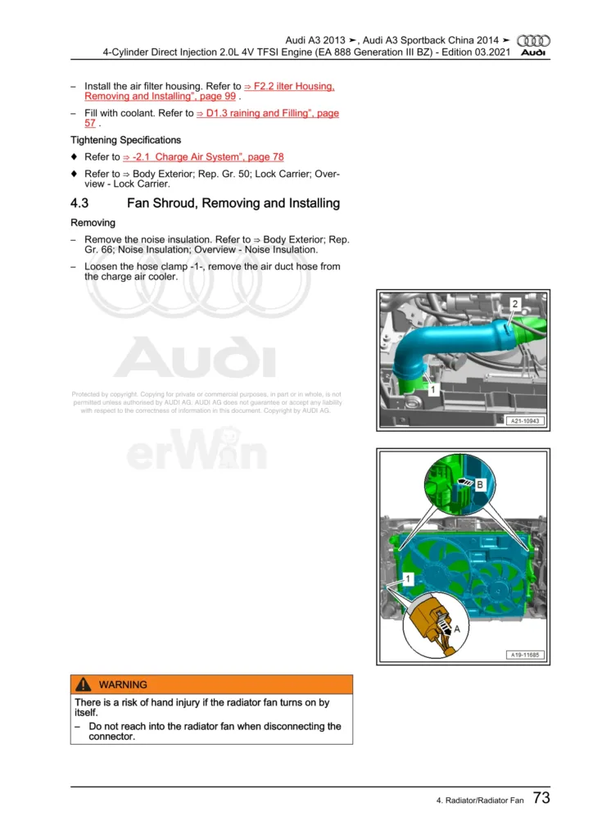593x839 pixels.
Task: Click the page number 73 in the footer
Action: click(x=541, y=798)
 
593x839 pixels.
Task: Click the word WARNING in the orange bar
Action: click(x=123, y=685)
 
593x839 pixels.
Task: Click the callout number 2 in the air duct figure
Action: click(x=514, y=304)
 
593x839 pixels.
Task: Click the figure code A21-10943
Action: click(x=525, y=421)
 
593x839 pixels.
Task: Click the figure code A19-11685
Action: click(x=525, y=655)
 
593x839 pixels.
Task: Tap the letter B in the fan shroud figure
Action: click(x=481, y=485)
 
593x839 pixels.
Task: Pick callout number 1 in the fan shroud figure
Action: click(x=407, y=578)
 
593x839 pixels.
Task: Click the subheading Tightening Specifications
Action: click(x=125, y=140)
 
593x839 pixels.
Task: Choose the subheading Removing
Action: click(x=93, y=223)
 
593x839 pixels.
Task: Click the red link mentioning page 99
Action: click(x=209, y=91)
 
